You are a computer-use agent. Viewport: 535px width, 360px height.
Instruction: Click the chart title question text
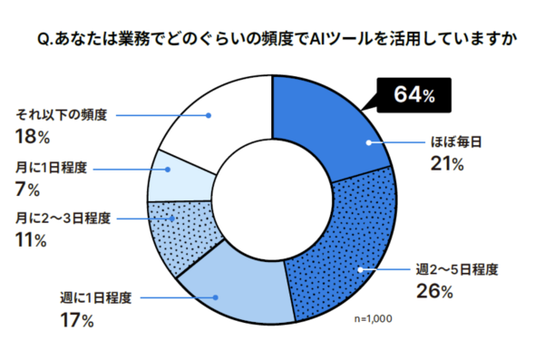(277, 40)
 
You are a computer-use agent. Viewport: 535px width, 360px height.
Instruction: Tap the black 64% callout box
(413, 95)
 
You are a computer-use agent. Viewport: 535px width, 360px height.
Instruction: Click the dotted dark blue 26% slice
(352, 246)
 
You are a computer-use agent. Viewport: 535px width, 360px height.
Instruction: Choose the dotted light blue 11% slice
(180, 236)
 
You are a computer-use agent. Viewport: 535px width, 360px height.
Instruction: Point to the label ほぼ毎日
(456, 141)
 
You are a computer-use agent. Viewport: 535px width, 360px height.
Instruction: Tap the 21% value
(447, 164)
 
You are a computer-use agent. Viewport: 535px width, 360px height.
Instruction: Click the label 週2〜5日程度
(457, 269)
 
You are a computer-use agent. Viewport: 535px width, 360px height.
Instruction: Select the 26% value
(434, 292)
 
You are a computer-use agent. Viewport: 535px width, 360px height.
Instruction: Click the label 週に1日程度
(96, 298)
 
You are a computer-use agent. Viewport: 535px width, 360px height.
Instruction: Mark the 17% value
(77, 320)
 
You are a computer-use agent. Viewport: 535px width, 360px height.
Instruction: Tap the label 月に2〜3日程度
(63, 218)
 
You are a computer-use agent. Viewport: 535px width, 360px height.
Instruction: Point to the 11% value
(31, 240)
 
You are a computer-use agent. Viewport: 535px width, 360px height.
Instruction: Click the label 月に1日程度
(51, 168)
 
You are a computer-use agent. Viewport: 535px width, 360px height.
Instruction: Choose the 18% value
(33, 137)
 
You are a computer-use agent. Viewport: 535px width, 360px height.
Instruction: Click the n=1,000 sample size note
(374, 318)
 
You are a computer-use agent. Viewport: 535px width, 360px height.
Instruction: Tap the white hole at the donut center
(272, 199)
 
